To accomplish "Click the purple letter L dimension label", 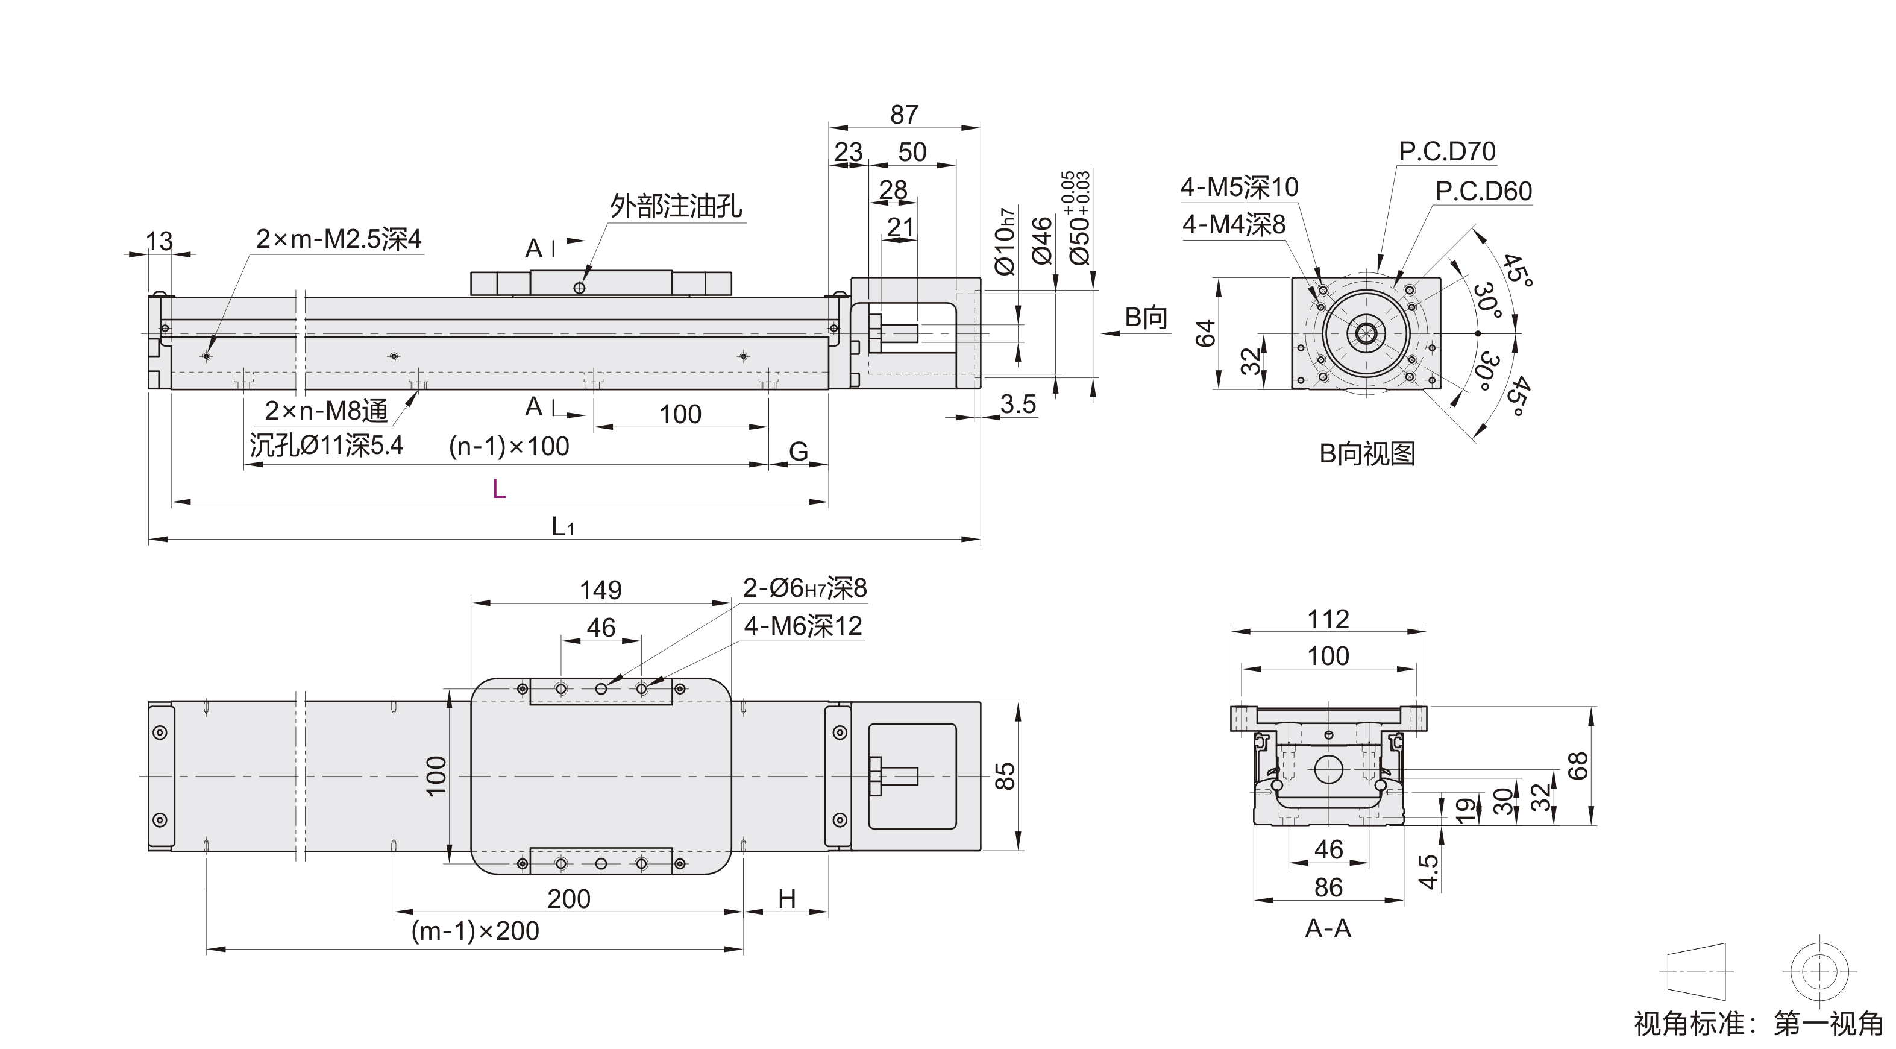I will coord(499,489).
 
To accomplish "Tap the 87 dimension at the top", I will coord(904,114).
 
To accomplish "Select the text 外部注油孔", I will coord(676,206).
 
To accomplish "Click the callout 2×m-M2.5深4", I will coord(339,239).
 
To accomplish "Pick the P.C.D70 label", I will coord(1447,152).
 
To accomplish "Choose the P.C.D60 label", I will coord(1483,191).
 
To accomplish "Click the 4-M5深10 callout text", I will coord(1240,187).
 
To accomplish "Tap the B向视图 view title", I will coord(1367,453).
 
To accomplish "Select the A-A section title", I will coord(1328,929).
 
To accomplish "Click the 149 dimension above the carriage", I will coord(601,590).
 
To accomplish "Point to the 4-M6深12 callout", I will coord(803,626).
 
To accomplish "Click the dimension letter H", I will coord(787,899).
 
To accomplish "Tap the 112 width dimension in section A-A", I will coord(1328,619).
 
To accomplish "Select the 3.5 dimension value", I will coord(1018,404).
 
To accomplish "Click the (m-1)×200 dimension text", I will coord(476,931).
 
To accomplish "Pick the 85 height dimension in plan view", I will coord(1005,776).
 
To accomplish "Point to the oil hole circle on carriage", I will coord(579,288).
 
